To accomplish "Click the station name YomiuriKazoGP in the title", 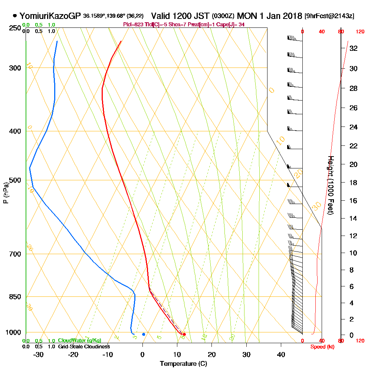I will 50,16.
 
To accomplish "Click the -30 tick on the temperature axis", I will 39,354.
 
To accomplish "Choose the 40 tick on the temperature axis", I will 281,354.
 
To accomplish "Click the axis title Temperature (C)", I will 183,364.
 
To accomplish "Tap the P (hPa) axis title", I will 6,193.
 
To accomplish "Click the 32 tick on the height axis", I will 353,48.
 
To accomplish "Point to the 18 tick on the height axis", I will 353,183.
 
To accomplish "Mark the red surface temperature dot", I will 184,335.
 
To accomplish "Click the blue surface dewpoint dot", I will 144,334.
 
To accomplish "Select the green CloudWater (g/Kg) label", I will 79,341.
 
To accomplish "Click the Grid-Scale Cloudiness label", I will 83,347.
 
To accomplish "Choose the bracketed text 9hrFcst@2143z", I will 329,16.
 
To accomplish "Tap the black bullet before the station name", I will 14,16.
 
